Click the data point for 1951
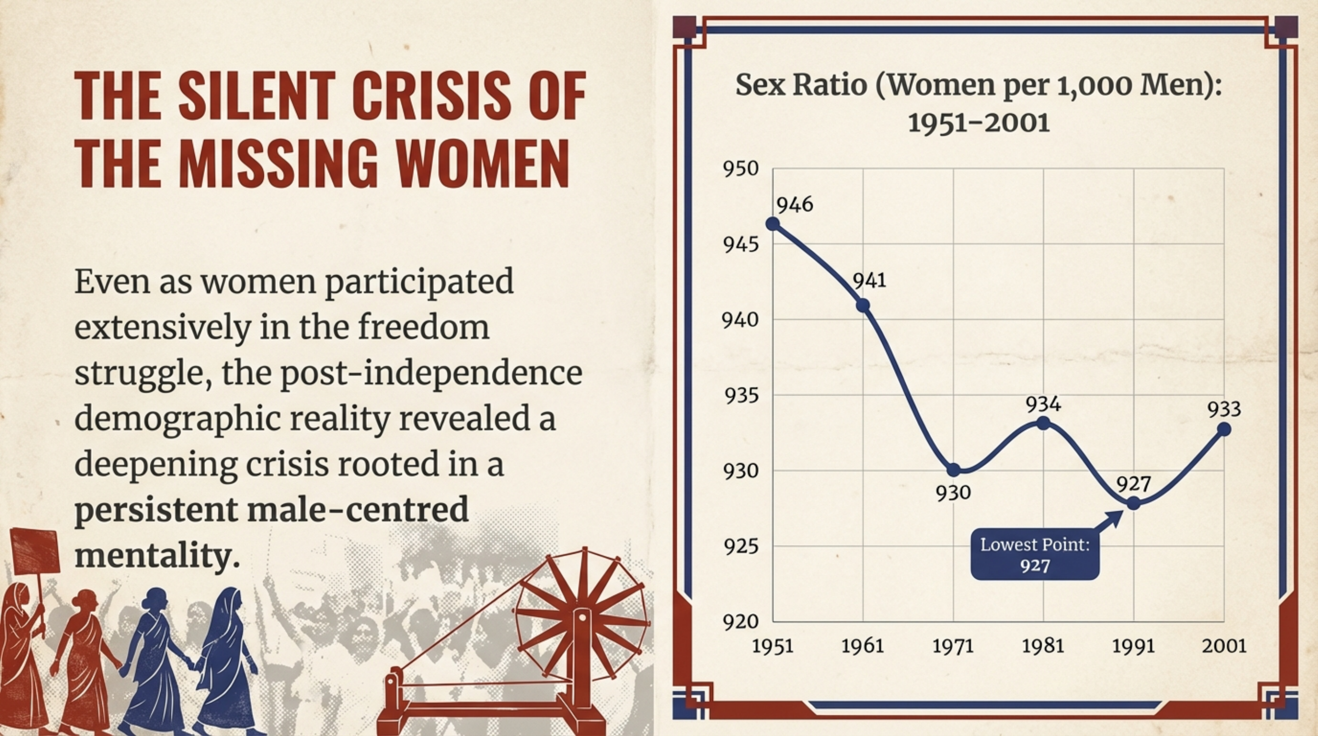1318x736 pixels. click(773, 224)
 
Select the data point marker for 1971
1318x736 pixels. click(953, 470)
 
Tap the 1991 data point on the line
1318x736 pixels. click(1133, 503)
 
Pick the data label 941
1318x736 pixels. click(869, 281)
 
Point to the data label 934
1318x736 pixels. click(1043, 404)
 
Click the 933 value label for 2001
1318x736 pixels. click(1224, 409)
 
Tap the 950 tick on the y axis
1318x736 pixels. click(740, 169)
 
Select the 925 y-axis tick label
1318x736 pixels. click(740, 546)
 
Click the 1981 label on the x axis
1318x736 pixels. click(1043, 646)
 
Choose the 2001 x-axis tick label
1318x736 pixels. click(1224, 646)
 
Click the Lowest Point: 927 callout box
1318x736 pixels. click(1034, 555)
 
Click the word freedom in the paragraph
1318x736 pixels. click(423, 327)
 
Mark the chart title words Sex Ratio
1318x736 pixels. click(801, 85)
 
